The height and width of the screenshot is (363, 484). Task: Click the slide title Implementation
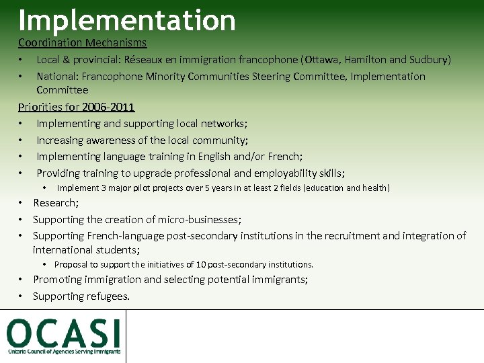(x=127, y=20)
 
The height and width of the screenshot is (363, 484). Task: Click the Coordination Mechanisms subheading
(x=82, y=43)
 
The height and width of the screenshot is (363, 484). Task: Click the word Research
(x=55, y=203)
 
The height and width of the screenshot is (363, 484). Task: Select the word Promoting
(x=58, y=280)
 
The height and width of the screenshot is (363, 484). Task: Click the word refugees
(x=108, y=296)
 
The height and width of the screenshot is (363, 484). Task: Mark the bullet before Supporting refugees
(x=22, y=296)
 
